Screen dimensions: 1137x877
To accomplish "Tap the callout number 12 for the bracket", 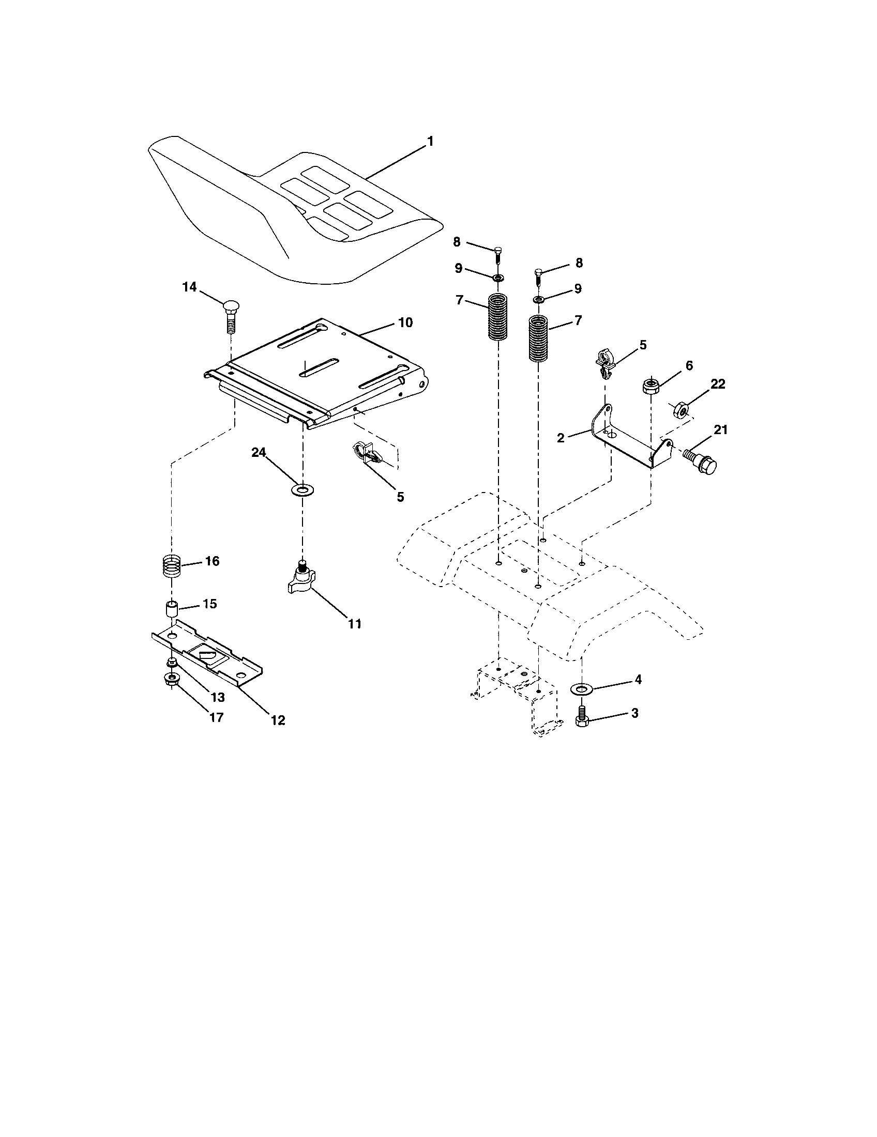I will (x=278, y=720).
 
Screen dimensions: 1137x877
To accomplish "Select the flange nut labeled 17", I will (x=170, y=679).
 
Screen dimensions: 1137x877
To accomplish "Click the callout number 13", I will (x=217, y=697).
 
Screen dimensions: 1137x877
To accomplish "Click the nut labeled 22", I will (x=681, y=410).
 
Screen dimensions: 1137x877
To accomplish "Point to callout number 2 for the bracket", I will (x=561, y=438).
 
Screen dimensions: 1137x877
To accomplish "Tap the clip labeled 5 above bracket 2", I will (x=605, y=363).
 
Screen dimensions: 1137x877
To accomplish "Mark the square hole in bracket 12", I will (x=207, y=651).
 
